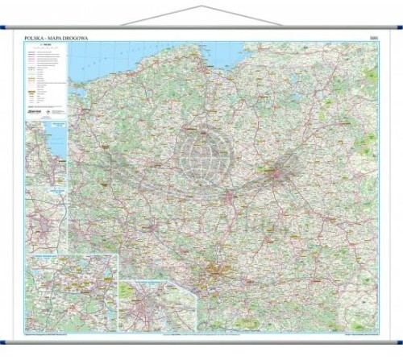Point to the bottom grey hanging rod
click(x=201, y=339)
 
